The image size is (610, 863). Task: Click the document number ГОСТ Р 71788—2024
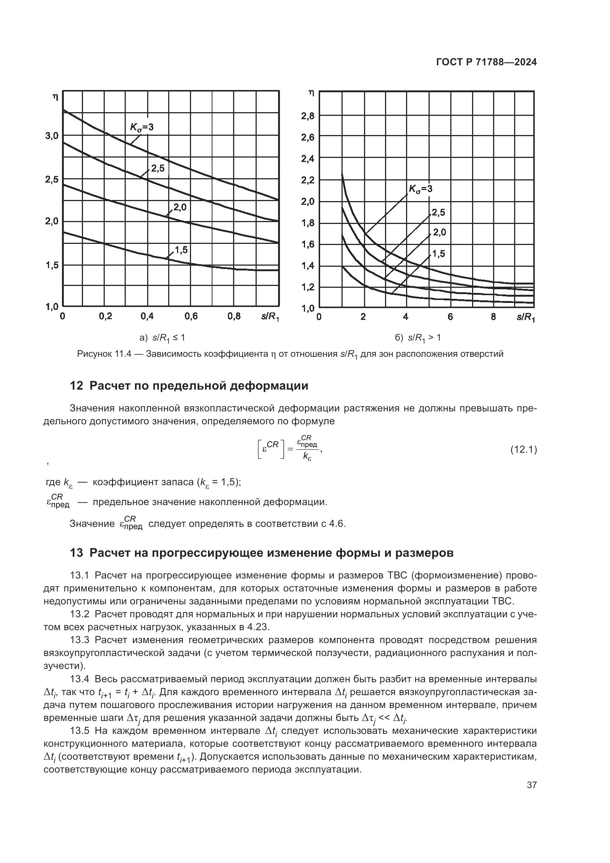[x=486, y=62]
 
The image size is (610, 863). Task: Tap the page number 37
[x=531, y=785]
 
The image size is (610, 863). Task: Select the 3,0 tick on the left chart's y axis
[x=52, y=136]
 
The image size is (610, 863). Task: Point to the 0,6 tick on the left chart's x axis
[x=191, y=317]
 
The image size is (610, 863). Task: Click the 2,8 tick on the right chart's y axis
[x=308, y=116]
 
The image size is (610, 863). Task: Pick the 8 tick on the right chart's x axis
[x=493, y=317]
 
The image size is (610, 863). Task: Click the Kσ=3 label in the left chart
[x=142, y=127]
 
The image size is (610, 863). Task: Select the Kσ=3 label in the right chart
[x=420, y=189]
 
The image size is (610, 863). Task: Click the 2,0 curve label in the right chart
[x=440, y=232]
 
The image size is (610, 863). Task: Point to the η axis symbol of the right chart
[x=311, y=93]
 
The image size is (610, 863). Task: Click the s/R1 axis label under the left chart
[x=270, y=317]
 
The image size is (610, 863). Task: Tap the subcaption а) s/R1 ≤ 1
[x=162, y=338]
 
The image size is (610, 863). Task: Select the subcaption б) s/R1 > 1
[x=418, y=338]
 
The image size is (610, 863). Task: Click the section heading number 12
[x=76, y=386]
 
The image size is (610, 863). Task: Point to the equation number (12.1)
[x=523, y=449]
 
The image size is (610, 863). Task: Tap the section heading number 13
[x=76, y=553]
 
